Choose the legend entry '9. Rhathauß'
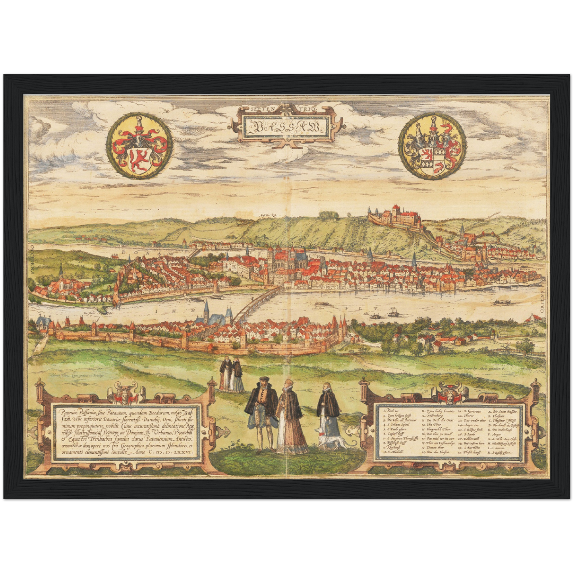(393, 446)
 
